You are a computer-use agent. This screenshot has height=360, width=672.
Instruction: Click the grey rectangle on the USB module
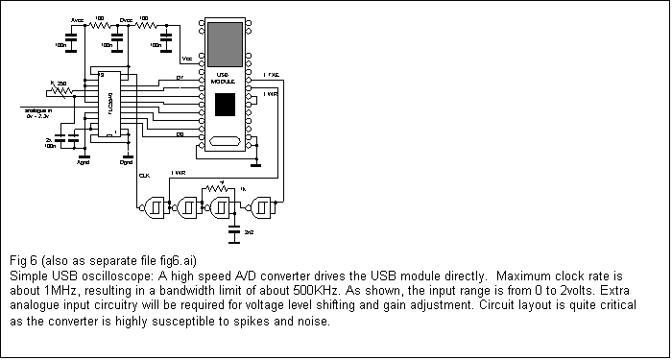(225, 39)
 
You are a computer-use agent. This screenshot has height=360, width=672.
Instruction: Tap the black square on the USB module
(225, 105)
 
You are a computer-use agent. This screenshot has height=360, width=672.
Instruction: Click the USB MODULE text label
(223, 78)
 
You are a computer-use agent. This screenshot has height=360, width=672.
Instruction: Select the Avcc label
(77, 19)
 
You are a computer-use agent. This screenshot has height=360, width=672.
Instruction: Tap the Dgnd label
(126, 161)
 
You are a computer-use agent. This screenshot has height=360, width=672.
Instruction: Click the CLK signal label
(143, 176)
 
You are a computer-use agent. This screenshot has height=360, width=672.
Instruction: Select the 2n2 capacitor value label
(249, 233)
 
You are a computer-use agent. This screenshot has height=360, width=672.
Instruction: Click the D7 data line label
(180, 77)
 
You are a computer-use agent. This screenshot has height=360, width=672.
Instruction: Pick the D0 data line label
(180, 134)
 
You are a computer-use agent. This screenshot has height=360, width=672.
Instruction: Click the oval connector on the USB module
(225, 143)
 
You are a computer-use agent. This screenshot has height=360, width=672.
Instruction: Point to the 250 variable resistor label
(60, 84)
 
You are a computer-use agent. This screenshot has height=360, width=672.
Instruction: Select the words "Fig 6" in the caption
(24, 261)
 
